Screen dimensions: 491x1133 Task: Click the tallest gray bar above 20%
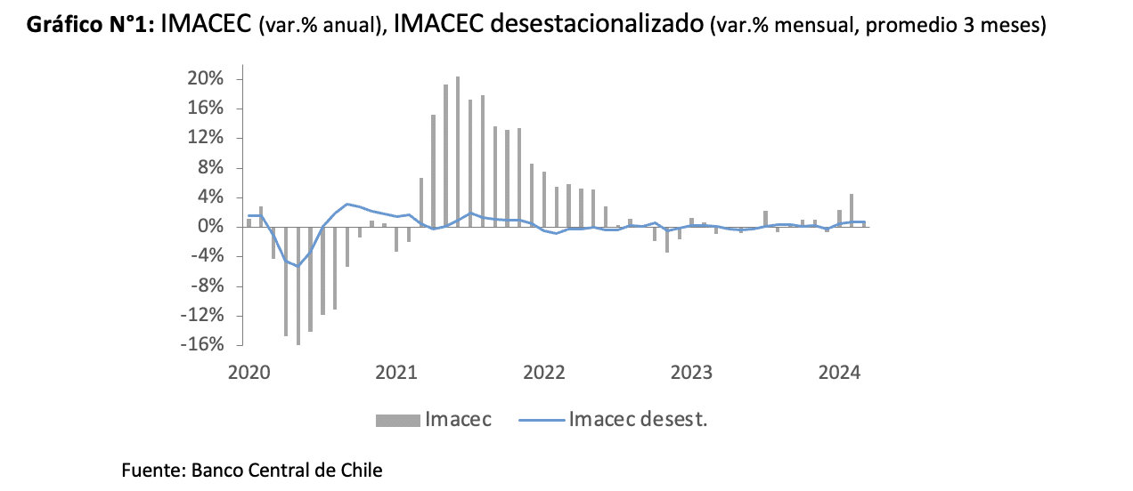tap(458, 151)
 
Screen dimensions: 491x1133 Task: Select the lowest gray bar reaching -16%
tap(298, 285)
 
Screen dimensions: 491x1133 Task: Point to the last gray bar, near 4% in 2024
tap(852, 210)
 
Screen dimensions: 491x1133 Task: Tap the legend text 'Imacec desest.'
tap(638, 419)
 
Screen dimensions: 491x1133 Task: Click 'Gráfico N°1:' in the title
tap(92, 25)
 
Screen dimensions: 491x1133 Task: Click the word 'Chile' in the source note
tap(361, 470)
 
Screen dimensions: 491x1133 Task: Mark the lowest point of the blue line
tap(298, 266)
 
